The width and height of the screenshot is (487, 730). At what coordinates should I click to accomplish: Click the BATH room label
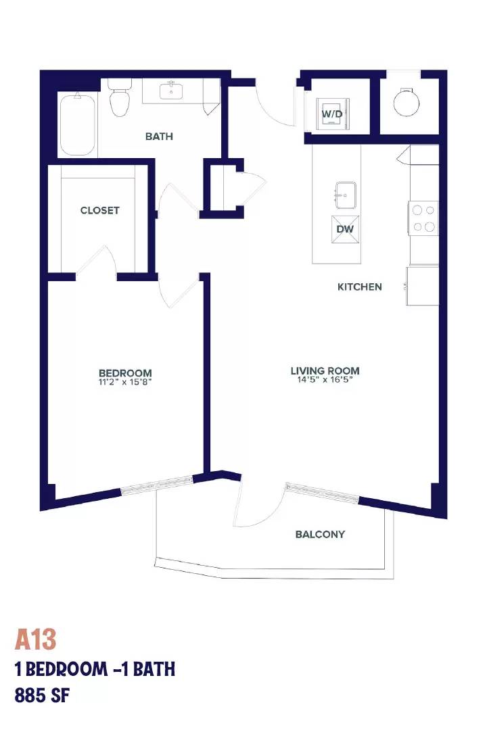(x=159, y=137)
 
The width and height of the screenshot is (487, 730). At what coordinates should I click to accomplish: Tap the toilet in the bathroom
(x=119, y=98)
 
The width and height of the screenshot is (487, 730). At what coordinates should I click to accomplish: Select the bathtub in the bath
(x=78, y=125)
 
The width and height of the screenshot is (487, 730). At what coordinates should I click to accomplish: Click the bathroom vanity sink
(x=172, y=91)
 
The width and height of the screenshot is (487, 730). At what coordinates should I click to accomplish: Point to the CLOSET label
(x=99, y=210)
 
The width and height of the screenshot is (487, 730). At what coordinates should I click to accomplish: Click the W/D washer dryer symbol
(x=332, y=114)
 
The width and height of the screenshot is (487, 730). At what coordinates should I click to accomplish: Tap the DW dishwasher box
(x=346, y=229)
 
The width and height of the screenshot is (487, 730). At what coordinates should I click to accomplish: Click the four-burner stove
(x=423, y=218)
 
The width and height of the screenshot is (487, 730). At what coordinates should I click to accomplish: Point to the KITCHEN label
(x=359, y=287)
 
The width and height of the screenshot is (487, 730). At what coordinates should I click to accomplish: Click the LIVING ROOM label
(x=325, y=371)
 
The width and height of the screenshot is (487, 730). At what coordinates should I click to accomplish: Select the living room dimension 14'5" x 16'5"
(x=325, y=380)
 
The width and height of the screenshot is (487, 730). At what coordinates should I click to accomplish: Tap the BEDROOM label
(x=125, y=373)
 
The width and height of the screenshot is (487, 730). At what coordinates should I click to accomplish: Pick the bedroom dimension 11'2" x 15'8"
(x=125, y=382)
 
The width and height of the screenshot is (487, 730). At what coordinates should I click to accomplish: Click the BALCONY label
(x=320, y=535)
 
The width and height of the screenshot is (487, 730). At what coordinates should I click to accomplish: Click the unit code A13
(x=35, y=639)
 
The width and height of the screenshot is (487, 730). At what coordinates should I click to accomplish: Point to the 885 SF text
(x=42, y=696)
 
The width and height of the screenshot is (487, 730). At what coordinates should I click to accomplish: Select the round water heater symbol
(x=406, y=103)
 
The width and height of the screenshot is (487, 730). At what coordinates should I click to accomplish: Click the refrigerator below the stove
(x=422, y=286)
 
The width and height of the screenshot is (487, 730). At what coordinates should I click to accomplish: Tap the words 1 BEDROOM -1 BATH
(x=95, y=669)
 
